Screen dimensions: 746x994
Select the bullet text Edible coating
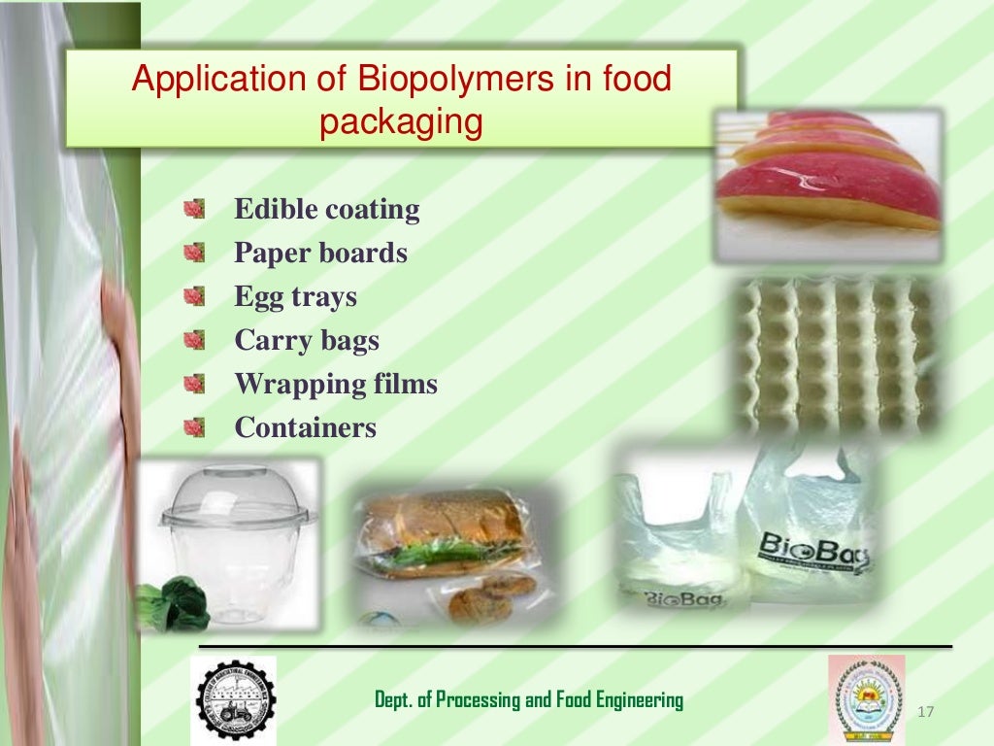[x=327, y=209]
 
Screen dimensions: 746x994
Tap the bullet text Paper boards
[x=320, y=253]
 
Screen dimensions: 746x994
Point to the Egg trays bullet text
[x=295, y=296]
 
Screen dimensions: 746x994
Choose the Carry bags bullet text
[x=306, y=340]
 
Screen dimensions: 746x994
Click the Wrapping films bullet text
[x=336, y=384]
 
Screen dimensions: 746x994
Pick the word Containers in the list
[x=305, y=427]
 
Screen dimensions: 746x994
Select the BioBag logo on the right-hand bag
[x=815, y=553]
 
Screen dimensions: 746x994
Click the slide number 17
[x=924, y=714]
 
